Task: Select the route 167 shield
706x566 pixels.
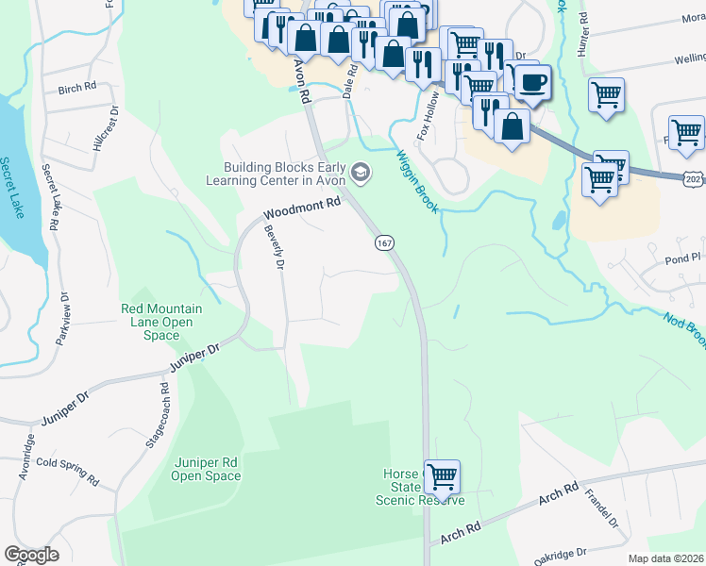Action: click(383, 242)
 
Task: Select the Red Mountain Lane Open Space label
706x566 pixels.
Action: click(157, 322)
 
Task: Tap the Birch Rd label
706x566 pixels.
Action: click(77, 88)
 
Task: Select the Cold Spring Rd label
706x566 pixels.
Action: click(67, 471)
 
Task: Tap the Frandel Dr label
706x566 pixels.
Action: click(600, 508)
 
